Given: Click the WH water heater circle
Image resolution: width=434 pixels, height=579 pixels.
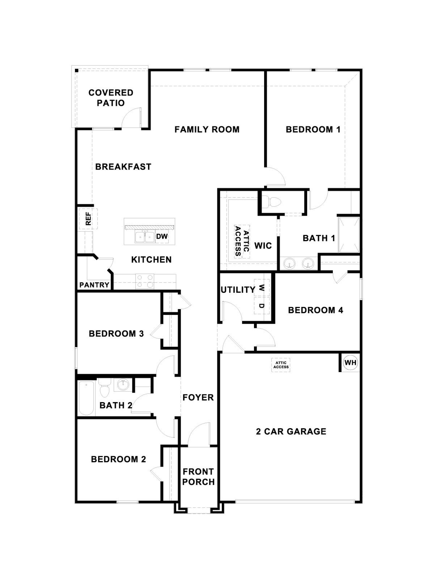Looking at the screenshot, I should tap(350, 363).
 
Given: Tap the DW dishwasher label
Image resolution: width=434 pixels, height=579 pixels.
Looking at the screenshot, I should tap(162, 236).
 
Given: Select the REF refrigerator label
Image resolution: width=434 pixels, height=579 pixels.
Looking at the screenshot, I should tap(88, 219).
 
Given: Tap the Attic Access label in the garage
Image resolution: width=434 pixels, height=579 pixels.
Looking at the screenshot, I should tap(281, 365).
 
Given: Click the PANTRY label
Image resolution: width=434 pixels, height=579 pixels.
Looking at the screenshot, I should tap(94, 285).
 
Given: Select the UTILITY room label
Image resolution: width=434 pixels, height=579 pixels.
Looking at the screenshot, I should tap(238, 290).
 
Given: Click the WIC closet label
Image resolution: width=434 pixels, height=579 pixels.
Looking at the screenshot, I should tap(263, 246).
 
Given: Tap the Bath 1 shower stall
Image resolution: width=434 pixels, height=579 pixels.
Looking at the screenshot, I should tap(349, 235).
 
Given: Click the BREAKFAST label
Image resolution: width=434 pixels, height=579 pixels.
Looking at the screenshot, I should tap(123, 167).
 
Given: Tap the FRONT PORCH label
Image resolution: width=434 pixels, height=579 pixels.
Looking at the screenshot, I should tap(198, 477).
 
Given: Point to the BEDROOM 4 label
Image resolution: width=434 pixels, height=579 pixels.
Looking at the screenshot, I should tap(316, 310).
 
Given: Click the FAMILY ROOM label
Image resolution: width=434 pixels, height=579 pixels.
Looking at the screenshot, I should tap(207, 129).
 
